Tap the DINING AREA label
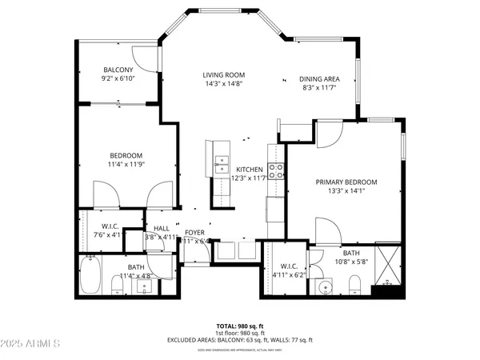coord(320,78)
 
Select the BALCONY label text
coord(118,70)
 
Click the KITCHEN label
coord(250,170)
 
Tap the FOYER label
coord(195,232)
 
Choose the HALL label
coord(162,229)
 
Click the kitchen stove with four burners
coord(277,170)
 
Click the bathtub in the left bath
coord(90,275)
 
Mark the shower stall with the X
coord(390,268)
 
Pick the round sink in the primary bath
coord(323,286)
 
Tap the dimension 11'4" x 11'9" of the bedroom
coord(126,164)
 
